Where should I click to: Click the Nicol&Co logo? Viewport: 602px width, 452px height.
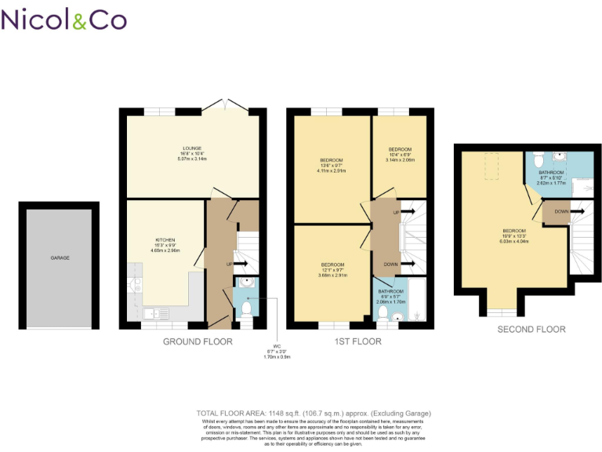point(63,19)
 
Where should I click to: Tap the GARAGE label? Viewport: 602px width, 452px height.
point(60,257)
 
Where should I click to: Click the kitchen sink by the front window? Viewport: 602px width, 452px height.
point(160,314)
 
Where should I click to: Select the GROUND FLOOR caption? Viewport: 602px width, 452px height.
point(197,341)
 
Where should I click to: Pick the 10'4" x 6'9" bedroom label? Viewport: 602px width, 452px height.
point(401,154)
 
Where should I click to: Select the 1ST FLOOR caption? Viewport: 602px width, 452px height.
point(357,341)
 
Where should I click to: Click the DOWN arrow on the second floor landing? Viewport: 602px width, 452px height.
point(566,211)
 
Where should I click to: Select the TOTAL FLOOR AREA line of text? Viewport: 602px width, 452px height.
point(313,414)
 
